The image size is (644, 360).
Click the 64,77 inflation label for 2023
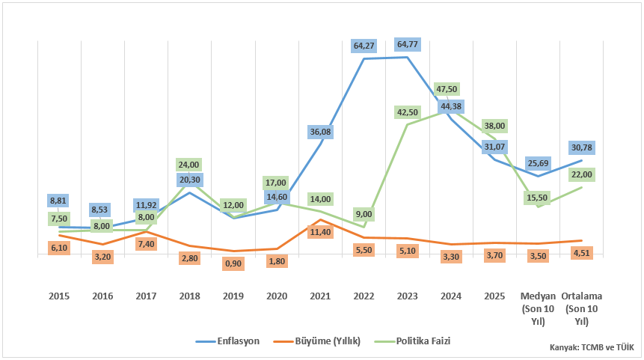[407, 45]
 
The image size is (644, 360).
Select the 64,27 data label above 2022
[364, 46]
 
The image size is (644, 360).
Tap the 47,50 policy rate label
[450, 89]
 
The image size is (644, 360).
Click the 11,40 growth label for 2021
[320, 233]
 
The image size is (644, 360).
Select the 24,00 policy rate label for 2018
[189, 164]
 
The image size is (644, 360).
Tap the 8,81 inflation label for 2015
[58, 201]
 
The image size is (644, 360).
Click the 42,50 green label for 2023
[407, 112]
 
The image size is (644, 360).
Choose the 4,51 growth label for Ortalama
[581, 251]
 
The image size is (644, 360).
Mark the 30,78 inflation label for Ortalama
[581, 147]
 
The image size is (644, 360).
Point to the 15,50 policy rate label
[537, 196]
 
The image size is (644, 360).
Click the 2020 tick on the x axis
[277, 296]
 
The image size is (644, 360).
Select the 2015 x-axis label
[58, 296]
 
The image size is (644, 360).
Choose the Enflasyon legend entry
[227, 341]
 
